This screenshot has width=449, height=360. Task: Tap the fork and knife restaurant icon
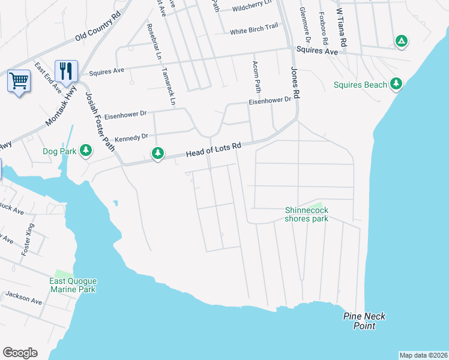[66, 71]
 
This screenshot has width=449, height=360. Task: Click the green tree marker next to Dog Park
[86, 150]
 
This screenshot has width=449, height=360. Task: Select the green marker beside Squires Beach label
[396, 84]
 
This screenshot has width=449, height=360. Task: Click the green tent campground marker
[401, 41]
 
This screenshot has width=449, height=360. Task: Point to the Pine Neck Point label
[364, 321]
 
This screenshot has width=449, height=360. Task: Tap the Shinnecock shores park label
[306, 214]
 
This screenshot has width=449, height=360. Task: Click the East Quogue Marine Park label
[73, 285]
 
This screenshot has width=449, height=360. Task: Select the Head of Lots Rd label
[213, 150]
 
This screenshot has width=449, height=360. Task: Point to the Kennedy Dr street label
[131, 137]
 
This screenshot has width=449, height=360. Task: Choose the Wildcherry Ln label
[252, 8]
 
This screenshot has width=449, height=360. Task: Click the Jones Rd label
[294, 76]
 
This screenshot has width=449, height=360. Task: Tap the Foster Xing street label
[28, 239]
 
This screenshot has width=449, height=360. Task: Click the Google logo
[20, 352]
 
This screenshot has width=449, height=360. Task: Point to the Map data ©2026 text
[423, 355]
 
